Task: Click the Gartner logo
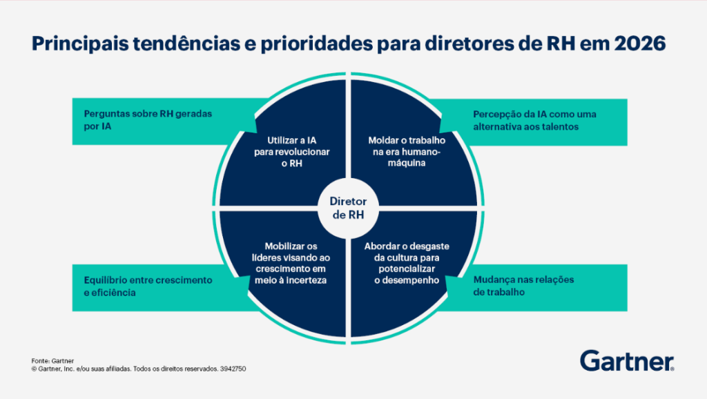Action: tap(627, 360)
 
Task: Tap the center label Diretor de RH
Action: tap(348, 207)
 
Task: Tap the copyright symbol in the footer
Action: tap(34, 369)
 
